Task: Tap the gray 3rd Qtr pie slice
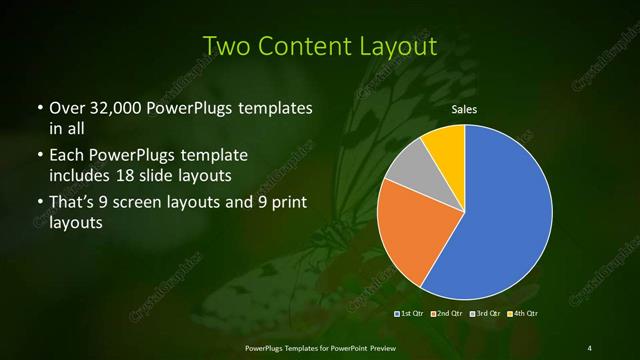(x=408, y=167)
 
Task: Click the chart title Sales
(x=463, y=109)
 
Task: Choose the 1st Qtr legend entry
(x=410, y=315)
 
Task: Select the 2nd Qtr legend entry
(x=446, y=315)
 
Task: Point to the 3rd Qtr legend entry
(x=483, y=315)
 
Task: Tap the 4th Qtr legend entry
(x=520, y=315)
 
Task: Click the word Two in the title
(x=229, y=46)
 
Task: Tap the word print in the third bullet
(x=283, y=204)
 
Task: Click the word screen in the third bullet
(x=151, y=204)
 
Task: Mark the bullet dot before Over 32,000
(x=39, y=108)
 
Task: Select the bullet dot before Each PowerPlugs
(x=39, y=157)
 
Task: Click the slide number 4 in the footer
(x=589, y=347)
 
